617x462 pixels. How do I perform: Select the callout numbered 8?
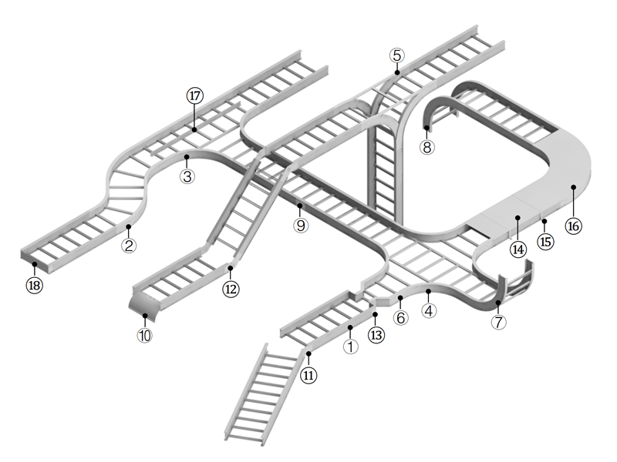[427, 146]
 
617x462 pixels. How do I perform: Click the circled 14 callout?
[517, 249]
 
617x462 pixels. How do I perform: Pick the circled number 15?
[545, 241]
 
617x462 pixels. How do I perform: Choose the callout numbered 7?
[499, 322]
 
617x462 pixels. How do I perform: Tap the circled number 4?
[429, 311]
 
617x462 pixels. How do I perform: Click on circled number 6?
[400, 317]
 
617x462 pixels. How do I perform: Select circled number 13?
[376, 335]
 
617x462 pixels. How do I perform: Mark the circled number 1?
[351, 346]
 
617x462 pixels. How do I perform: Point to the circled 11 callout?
[308, 375]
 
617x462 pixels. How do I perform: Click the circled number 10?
[145, 336]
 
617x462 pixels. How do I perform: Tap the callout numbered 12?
[231, 289]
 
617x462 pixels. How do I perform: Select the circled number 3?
[187, 176]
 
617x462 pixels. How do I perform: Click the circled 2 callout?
[129, 246]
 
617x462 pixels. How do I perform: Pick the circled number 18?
[35, 285]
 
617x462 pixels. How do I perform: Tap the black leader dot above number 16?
[574, 187]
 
